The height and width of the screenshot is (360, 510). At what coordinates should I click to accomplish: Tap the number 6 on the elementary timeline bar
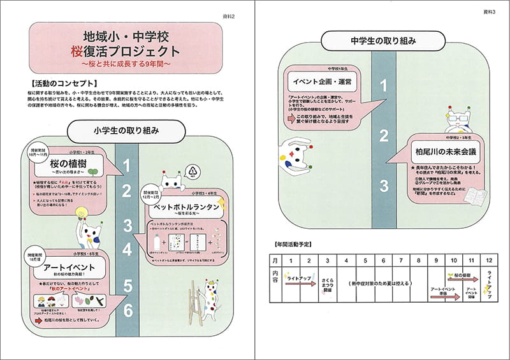pos(127,310)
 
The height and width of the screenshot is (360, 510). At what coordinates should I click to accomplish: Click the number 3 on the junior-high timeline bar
pos(383,186)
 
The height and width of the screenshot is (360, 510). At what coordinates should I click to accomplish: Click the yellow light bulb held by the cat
pos(80,213)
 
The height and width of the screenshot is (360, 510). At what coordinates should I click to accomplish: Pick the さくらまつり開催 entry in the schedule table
pos(327,284)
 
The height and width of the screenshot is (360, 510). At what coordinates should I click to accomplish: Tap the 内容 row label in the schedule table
pos(275,278)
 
